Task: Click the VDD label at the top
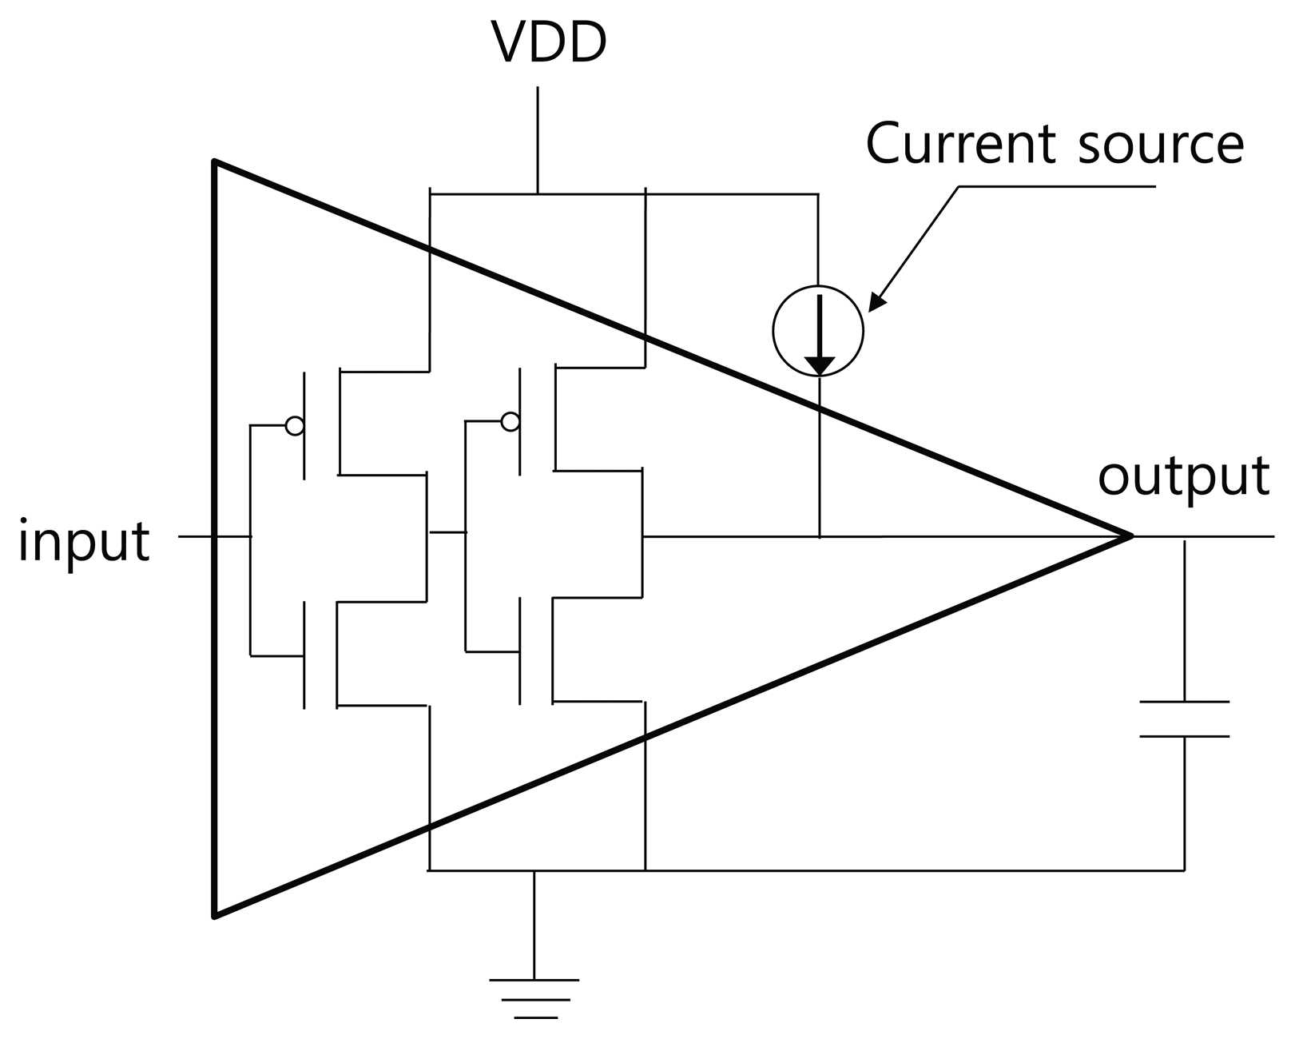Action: pyautogui.click(x=550, y=42)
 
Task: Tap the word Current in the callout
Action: pyautogui.click(x=959, y=144)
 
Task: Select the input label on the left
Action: pyautogui.click(x=84, y=541)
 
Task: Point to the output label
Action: pyautogui.click(x=1183, y=476)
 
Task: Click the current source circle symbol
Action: pyautogui.click(x=818, y=331)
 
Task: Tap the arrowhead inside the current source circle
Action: pyautogui.click(x=819, y=364)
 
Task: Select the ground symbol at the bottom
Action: pyautogui.click(x=534, y=998)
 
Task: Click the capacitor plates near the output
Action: pyautogui.click(x=1184, y=719)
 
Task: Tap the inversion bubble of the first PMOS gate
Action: pyautogui.click(x=295, y=426)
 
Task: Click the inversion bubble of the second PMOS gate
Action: pyautogui.click(x=510, y=421)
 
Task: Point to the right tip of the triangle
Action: pyautogui.click(x=1130, y=535)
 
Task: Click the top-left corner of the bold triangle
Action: pyautogui.click(x=214, y=162)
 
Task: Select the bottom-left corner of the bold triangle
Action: pyautogui.click(x=214, y=915)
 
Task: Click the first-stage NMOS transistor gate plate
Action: pyautogui.click(x=304, y=655)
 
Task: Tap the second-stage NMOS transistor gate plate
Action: pyautogui.click(x=520, y=651)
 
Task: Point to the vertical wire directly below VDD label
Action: pyautogui.click(x=538, y=140)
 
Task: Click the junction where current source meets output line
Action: pyautogui.click(x=820, y=536)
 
